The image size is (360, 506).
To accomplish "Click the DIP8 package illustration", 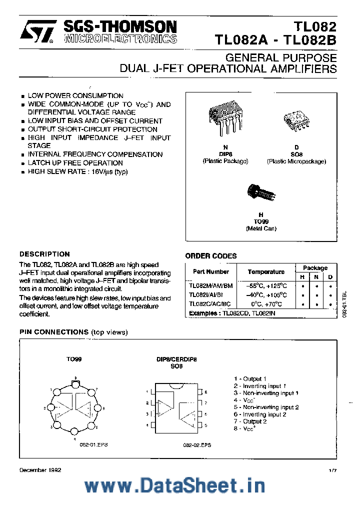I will click(x=224, y=120).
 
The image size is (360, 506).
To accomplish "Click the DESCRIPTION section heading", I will click(x=44, y=254).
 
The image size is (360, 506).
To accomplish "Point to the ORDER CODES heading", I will click(x=211, y=256).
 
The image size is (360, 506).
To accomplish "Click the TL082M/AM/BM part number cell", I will click(x=210, y=285).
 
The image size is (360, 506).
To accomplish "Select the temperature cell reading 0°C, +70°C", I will click(x=266, y=304).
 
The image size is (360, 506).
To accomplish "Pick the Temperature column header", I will click(x=266, y=272).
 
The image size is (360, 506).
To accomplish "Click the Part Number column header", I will click(x=210, y=272).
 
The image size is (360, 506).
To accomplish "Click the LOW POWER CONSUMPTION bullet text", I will click(x=75, y=95).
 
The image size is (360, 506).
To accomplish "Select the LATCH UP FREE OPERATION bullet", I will click(x=75, y=163).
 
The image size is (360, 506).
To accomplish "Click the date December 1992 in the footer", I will click(x=40, y=470).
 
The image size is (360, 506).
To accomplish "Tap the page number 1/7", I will click(x=333, y=470).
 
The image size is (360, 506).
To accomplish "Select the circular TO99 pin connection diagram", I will click(x=74, y=408).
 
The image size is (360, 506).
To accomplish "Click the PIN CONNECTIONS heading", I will click(x=54, y=332).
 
